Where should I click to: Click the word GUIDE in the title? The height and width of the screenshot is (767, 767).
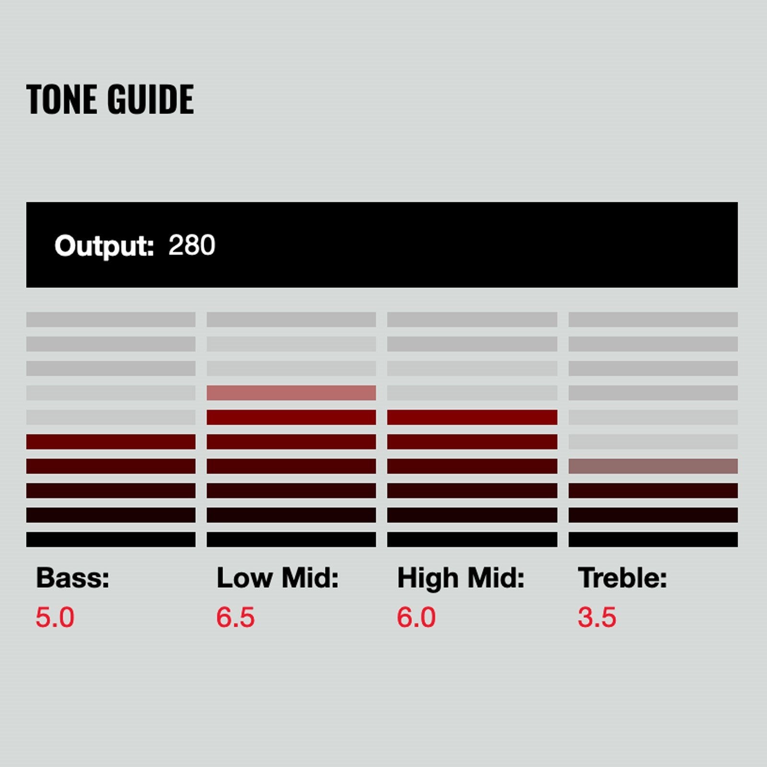(x=151, y=99)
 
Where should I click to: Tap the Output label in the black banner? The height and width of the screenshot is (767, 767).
(x=104, y=246)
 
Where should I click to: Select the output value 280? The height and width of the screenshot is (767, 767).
(x=192, y=245)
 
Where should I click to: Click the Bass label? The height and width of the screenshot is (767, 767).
(x=73, y=578)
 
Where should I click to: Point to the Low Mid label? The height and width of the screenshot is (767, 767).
(x=278, y=578)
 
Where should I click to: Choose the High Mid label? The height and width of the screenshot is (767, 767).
(x=461, y=578)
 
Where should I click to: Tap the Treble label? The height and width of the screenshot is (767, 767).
(x=622, y=578)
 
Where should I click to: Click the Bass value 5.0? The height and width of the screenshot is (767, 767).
(x=55, y=617)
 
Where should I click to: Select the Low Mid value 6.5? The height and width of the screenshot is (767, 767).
(x=235, y=617)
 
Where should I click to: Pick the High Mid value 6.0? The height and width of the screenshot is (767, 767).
(x=416, y=617)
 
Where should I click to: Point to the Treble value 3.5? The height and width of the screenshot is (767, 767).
(x=597, y=617)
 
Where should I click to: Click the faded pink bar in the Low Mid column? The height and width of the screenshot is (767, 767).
(x=291, y=393)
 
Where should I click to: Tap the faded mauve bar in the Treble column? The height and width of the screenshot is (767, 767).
(x=653, y=466)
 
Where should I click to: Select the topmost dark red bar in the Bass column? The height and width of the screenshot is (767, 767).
(x=111, y=442)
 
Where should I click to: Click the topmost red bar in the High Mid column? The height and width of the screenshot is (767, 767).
(x=472, y=417)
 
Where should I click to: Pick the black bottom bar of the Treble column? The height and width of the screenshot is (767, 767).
(x=653, y=539)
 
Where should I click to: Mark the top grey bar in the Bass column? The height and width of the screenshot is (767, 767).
(x=111, y=319)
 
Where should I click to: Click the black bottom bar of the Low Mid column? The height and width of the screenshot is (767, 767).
(x=291, y=539)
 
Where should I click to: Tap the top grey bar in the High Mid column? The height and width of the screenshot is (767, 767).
(x=472, y=319)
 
